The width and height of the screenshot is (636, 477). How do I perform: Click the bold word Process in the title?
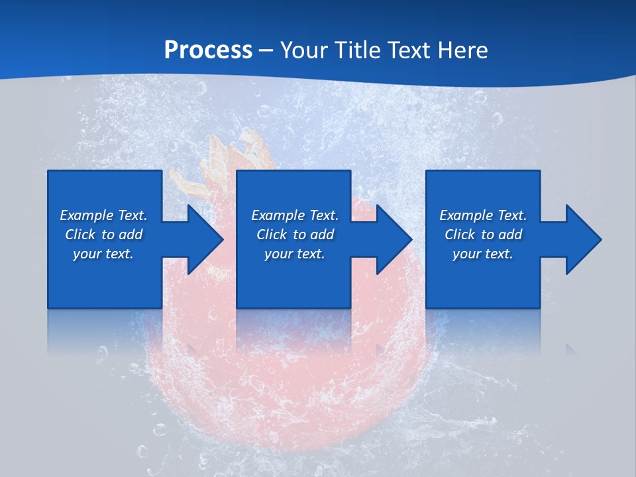(208, 50)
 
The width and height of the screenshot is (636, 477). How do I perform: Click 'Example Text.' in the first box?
(103, 215)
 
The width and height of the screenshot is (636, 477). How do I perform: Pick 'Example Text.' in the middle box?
(295, 215)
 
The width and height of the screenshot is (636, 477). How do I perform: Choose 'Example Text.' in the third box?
(483, 215)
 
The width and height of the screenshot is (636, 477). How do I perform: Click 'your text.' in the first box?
(103, 254)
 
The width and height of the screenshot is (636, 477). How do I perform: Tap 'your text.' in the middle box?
(295, 254)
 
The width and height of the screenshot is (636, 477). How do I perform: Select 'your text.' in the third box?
(483, 254)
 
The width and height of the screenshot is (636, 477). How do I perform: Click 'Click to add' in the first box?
(103, 235)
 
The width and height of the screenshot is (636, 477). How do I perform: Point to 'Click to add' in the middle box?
(295, 235)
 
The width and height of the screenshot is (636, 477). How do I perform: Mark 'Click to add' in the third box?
(483, 235)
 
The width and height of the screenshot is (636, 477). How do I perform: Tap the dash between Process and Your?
(266, 50)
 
